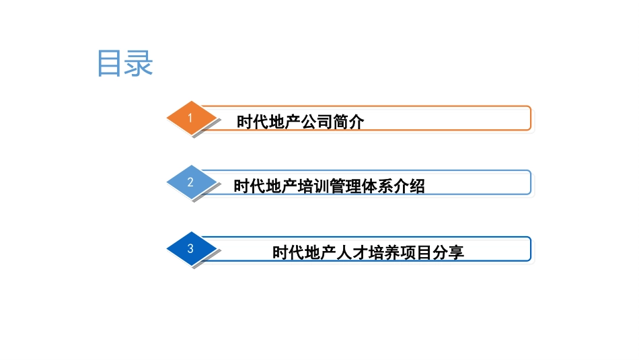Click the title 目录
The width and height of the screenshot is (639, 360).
(x=126, y=63)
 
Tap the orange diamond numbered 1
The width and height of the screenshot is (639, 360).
(x=192, y=118)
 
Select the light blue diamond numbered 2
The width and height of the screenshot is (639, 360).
(x=192, y=182)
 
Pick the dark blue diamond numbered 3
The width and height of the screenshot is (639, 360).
(x=192, y=249)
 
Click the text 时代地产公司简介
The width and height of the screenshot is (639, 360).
(x=300, y=122)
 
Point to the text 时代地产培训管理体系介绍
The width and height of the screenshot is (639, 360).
(x=329, y=186)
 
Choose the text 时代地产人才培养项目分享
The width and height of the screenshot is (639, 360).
(x=368, y=253)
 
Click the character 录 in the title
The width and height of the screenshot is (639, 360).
(x=140, y=63)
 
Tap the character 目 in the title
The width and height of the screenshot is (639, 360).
(x=111, y=63)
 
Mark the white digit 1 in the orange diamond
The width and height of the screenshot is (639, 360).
(x=190, y=118)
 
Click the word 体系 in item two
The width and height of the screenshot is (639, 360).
(x=377, y=186)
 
